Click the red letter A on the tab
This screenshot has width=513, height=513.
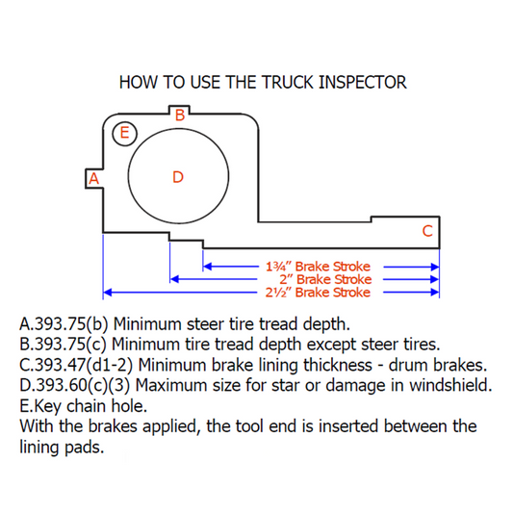94,179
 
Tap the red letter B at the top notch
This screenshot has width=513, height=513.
180,115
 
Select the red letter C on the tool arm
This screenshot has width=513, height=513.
427,231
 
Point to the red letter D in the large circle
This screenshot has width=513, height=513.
178,177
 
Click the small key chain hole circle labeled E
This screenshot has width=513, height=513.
125,134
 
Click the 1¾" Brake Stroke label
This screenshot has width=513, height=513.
318,267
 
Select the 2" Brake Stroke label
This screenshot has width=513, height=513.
325,279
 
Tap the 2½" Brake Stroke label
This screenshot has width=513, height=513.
318,293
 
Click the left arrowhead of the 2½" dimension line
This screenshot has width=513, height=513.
108,293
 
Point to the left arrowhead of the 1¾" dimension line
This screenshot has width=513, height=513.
208,267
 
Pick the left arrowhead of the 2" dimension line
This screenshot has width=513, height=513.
174,279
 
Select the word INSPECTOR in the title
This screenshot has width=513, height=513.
362,82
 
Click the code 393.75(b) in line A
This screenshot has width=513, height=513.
71,324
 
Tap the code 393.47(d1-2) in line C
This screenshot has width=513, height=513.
84,365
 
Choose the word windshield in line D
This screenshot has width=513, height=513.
450,385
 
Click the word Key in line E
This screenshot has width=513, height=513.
48,407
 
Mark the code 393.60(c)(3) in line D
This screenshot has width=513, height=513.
83,385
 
